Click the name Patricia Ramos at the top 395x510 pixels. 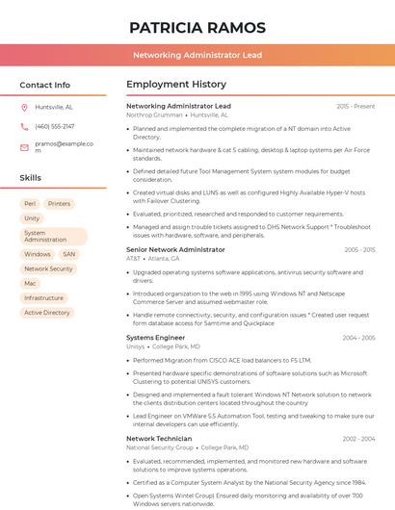tap(197, 27)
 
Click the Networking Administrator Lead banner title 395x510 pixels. tap(197, 55)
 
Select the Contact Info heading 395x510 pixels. tap(44, 85)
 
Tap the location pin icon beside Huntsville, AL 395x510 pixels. tap(24, 108)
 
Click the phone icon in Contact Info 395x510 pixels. tap(24, 127)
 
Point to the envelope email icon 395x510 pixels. tap(24, 147)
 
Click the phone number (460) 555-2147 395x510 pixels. tap(54, 127)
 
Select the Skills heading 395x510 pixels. tap(30, 178)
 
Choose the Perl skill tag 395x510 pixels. tap(30, 204)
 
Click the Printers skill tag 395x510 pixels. tap(59, 204)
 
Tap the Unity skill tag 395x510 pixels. tap(32, 218)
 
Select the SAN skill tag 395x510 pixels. tap(69, 255)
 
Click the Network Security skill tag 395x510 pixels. tap(48, 269)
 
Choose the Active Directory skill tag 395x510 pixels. tap(47, 313)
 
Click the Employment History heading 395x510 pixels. tap(175, 85)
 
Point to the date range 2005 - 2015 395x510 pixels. tap(358, 250)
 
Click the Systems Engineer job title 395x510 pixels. tap(155, 338)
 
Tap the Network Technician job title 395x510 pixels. tap(159, 439)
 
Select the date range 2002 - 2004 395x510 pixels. tap(358, 439)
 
